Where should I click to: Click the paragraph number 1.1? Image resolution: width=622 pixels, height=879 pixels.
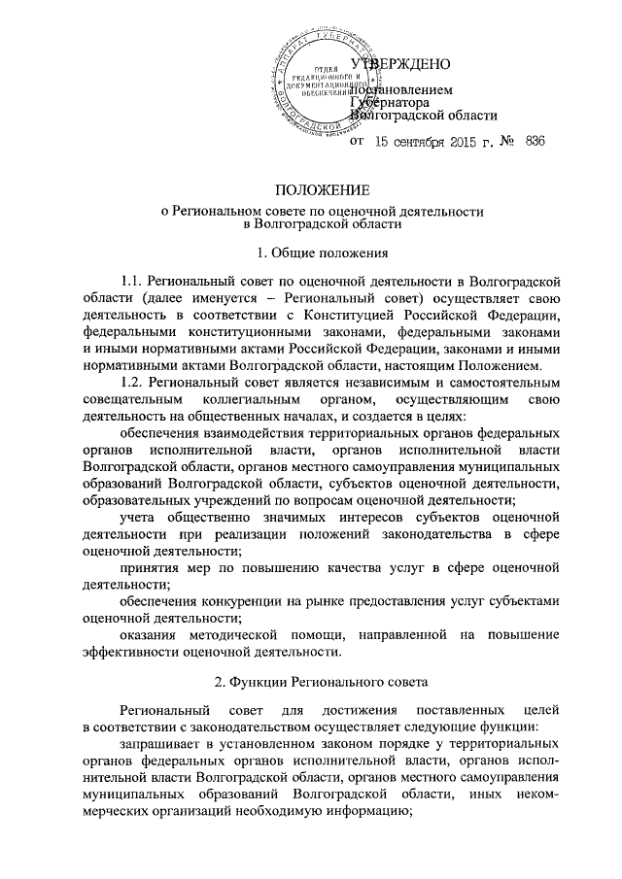130,281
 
